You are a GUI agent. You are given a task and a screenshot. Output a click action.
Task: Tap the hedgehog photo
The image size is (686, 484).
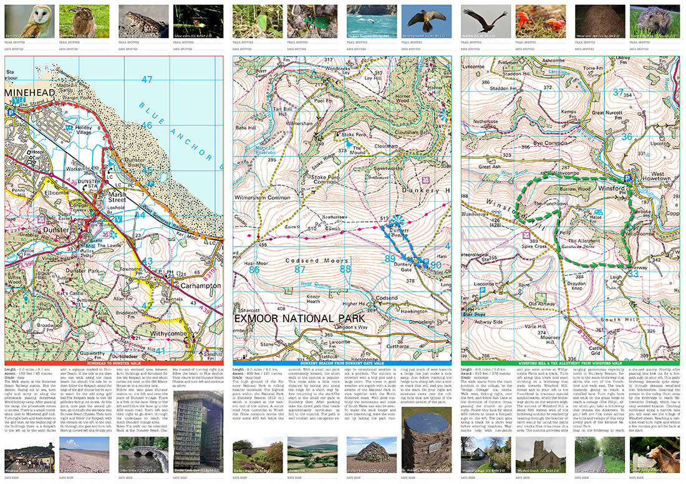654,21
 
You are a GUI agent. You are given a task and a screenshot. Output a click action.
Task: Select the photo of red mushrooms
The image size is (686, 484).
540,21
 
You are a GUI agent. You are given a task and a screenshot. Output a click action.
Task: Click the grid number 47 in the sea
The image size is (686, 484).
147,80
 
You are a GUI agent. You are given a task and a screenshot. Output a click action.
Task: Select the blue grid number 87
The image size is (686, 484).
300,270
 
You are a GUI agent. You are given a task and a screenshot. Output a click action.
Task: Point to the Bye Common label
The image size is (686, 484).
543,143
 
